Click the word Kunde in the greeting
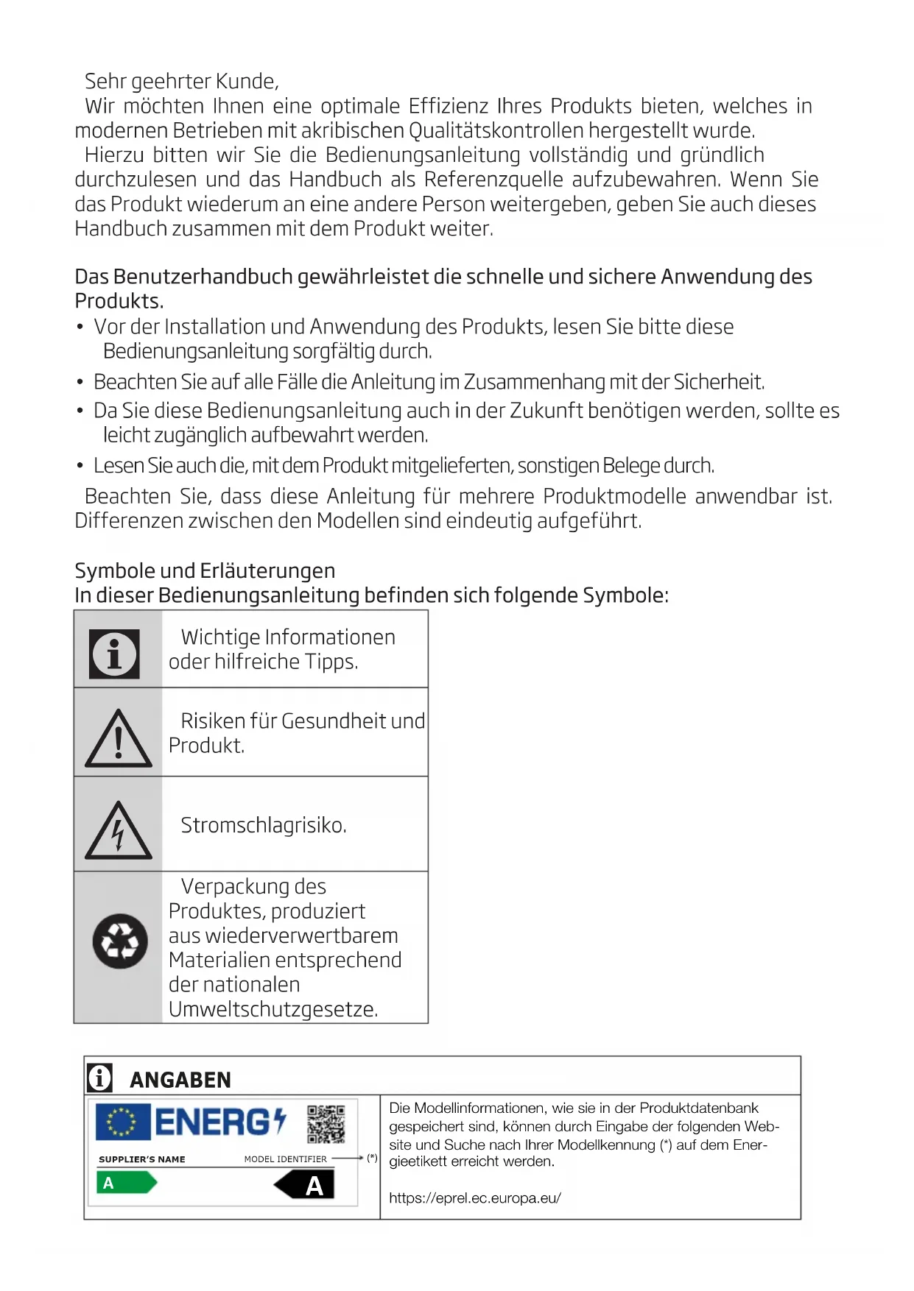click(247, 81)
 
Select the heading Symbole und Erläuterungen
click(205, 570)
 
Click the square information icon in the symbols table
click(114, 654)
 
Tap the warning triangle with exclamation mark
click(118, 739)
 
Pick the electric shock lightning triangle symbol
click(118, 832)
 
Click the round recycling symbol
click(120, 941)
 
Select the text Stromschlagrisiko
click(264, 825)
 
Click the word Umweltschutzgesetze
click(273, 1009)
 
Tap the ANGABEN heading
click(180, 1080)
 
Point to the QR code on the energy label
click(326, 1124)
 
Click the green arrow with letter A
click(126, 1183)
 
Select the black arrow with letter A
click(305, 1185)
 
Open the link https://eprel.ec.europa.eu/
click(475, 1198)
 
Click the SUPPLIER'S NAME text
click(142, 1159)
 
